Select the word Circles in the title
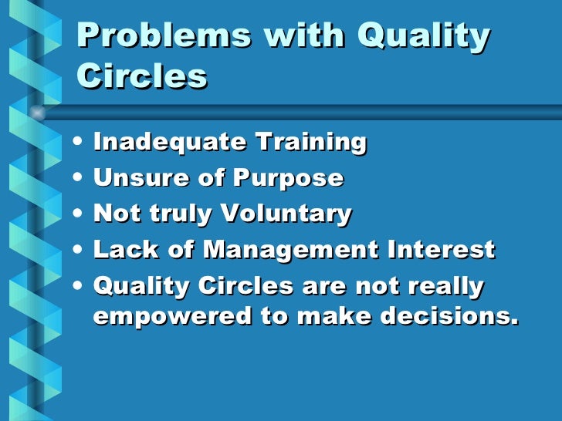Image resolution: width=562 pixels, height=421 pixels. (x=143, y=76)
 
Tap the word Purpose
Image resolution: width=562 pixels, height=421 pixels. (x=291, y=178)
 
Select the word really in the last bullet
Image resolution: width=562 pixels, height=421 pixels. (x=442, y=287)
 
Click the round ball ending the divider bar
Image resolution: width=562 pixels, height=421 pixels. (x=36, y=113)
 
